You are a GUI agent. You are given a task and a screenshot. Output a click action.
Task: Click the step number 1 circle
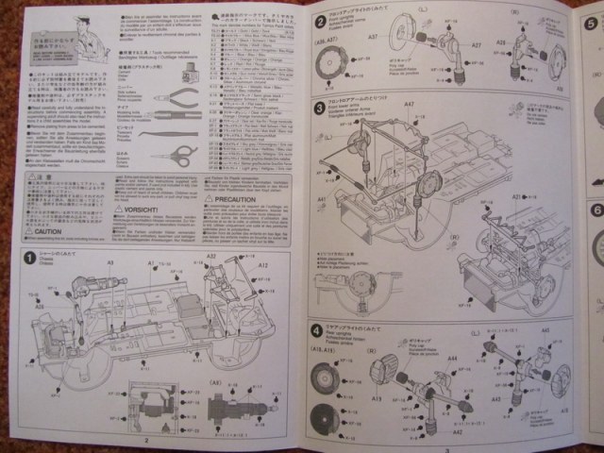30,258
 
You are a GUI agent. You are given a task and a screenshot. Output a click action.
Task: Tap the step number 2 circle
320,22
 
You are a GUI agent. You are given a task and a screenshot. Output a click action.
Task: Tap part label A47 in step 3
409,105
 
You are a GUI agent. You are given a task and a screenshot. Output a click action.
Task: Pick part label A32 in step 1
211,256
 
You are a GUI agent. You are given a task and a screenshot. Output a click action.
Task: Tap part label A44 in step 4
452,359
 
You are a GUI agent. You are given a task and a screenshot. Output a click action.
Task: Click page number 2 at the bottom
147,439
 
